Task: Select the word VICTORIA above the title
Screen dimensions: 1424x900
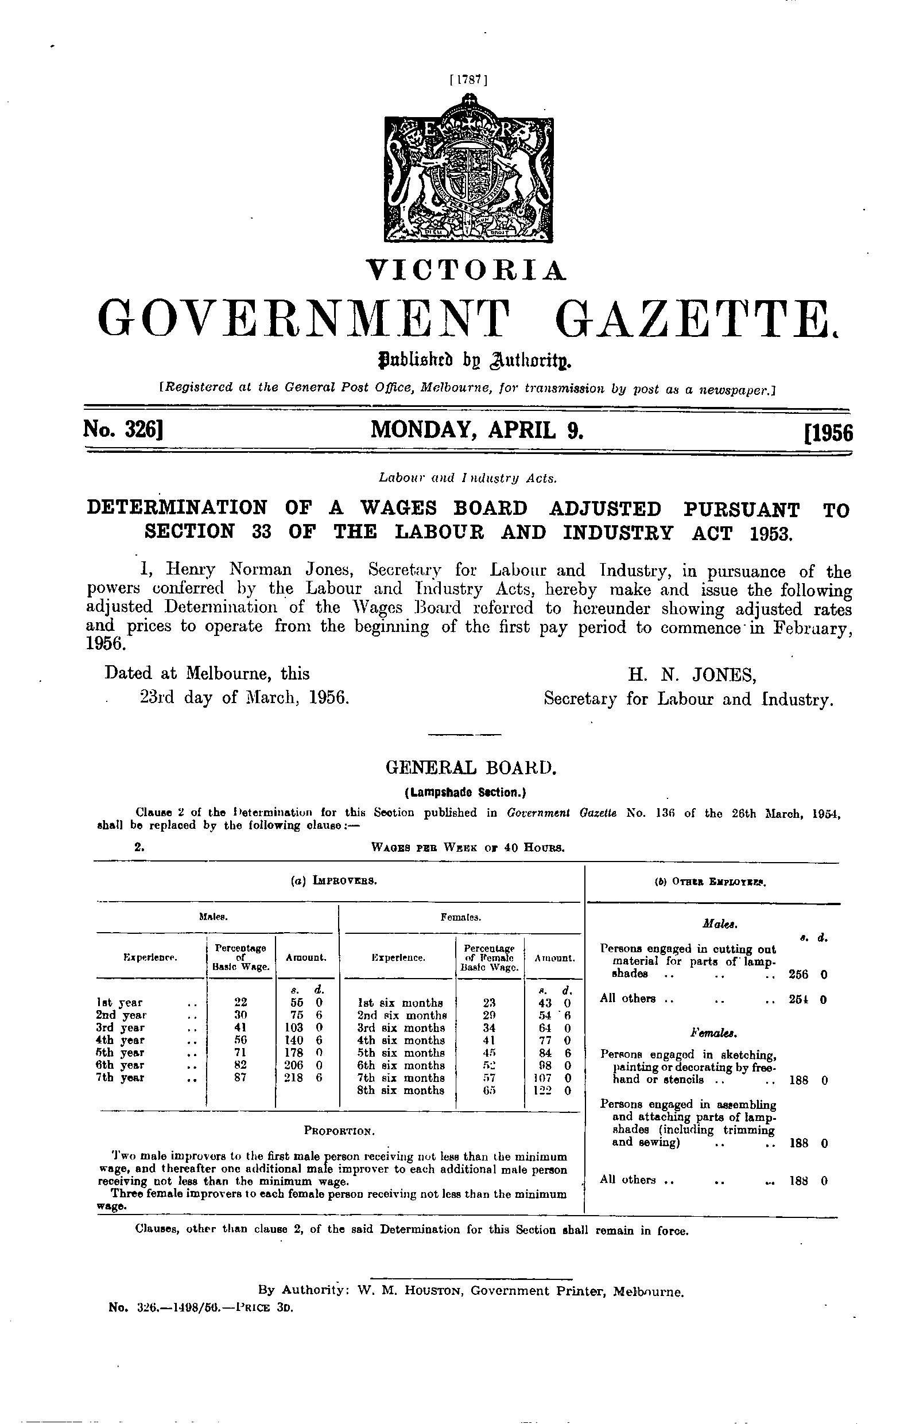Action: tap(467, 270)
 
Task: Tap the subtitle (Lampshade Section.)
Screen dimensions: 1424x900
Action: tap(465, 792)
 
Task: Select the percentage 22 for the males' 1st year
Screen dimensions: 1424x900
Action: tap(240, 1002)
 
